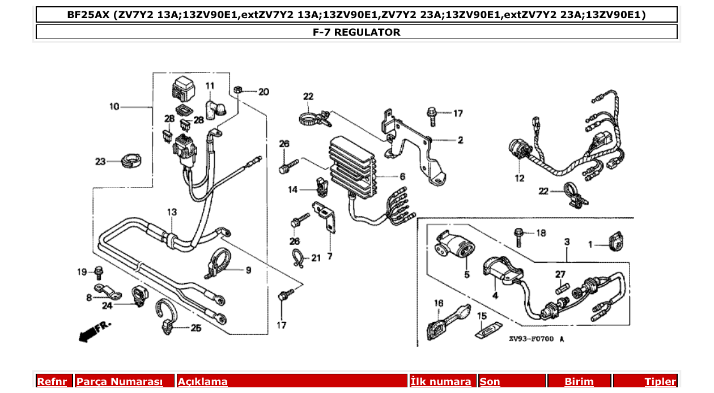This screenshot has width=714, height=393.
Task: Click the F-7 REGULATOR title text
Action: pyautogui.click(x=356, y=32)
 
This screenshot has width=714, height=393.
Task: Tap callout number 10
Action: pyautogui.click(x=114, y=106)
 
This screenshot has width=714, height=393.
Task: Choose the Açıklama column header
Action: pyautogui.click(x=203, y=382)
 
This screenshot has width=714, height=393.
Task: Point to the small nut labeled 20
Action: pyautogui.click(x=239, y=90)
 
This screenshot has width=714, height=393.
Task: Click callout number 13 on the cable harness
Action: pyautogui.click(x=172, y=212)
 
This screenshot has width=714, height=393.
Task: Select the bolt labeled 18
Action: pyautogui.click(x=519, y=237)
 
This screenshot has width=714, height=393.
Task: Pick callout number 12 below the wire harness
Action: pyautogui.click(x=519, y=178)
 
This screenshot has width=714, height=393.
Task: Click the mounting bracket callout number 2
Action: pyautogui.click(x=460, y=139)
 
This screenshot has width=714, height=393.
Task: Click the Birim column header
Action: pyautogui.click(x=579, y=382)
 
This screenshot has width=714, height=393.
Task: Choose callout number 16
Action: pyautogui.click(x=439, y=304)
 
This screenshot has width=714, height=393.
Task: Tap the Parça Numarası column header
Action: pyautogui.click(x=119, y=382)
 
